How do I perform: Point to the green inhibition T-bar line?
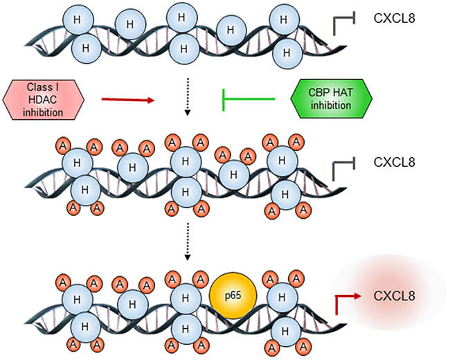coord(248,100)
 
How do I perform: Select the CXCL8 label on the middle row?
coord(394,163)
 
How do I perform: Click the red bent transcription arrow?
coord(347,299)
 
